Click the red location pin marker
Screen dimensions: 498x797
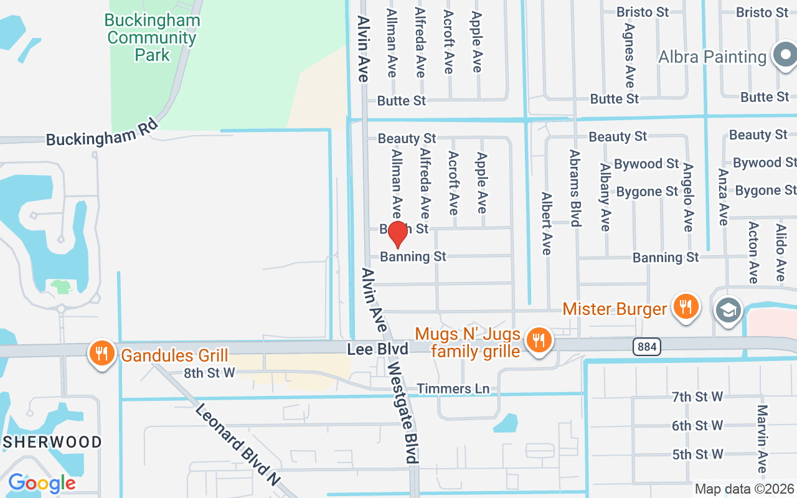click(397, 235)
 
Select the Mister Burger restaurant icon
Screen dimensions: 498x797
click(686, 307)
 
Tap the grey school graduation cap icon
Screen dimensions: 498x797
click(729, 309)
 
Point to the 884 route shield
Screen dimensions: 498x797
click(648, 347)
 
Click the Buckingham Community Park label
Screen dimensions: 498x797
click(153, 37)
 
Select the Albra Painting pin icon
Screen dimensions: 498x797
click(785, 56)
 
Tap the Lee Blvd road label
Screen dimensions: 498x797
click(378, 349)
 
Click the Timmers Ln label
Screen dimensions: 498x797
click(453, 388)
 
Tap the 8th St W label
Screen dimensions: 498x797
click(209, 373)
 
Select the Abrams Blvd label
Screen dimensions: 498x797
click(575, 187)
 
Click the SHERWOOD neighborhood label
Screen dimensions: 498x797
click(52, 442)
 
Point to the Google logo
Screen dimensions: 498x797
click(42, 483)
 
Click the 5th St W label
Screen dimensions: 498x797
click(697, 454)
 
